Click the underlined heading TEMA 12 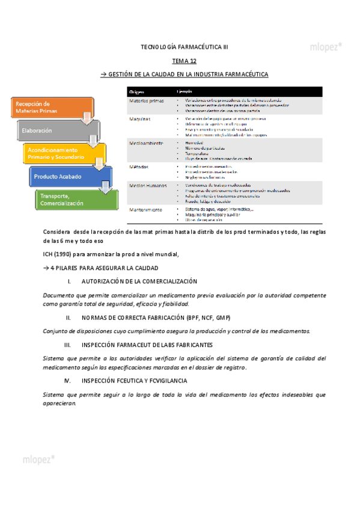tap(184, 61)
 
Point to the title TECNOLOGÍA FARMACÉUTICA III tap(184, 46)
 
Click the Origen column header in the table tap(137, 91)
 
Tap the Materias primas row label tap(146, 101)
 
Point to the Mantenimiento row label tap(146, 209)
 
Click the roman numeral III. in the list tap(67, 345)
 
